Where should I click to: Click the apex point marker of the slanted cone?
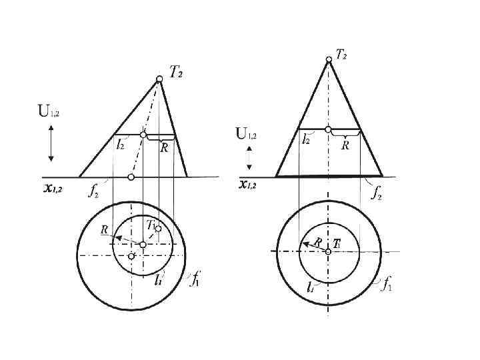159,79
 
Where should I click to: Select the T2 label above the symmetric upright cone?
341,54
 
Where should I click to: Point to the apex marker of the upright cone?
329,59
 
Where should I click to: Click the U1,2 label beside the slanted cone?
49,112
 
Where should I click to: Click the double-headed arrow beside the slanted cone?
51,145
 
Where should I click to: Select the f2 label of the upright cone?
377,194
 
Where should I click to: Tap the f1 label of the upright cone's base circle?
387,285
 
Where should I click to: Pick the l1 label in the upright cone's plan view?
311,288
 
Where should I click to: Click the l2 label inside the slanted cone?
120,143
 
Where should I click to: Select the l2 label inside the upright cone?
305,140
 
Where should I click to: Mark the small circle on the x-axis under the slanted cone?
131,177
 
